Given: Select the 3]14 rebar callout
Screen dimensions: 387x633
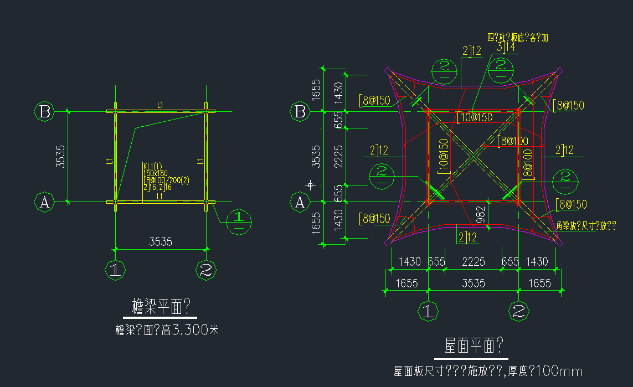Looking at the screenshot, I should [506, 47].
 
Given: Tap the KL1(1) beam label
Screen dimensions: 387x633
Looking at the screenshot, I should [153, 166].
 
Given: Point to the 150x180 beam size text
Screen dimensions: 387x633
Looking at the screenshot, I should [155, 173].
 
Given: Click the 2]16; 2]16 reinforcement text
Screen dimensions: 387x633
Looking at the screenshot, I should [157, 187].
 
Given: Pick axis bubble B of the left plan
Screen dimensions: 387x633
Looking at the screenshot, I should [45, 112].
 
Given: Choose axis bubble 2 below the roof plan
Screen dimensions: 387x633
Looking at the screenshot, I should [519, 311].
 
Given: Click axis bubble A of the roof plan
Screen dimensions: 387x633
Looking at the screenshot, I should [300, 203].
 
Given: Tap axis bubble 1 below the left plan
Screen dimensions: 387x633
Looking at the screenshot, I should [115, 271].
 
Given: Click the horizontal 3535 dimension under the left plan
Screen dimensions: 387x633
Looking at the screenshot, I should [161, 241].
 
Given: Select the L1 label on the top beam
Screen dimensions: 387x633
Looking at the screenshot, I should [160, 105].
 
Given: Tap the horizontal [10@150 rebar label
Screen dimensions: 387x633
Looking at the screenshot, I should [475, 117].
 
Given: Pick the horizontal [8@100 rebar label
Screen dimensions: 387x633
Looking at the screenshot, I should [512, 141].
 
